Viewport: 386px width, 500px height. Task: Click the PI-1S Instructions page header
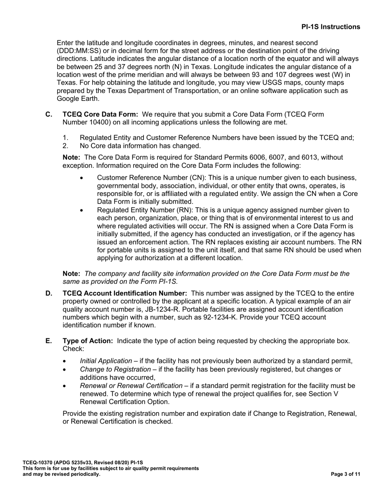click(330, 27)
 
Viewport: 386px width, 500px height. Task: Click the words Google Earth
click(78, 98)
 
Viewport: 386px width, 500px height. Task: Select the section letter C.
click(49, 114)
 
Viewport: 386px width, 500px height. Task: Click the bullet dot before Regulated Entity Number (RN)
click(82, 210)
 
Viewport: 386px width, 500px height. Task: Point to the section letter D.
click(49, 293)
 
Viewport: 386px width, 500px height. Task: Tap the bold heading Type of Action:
click(88, 341)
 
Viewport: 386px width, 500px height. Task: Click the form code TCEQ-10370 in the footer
click(38, 463)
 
